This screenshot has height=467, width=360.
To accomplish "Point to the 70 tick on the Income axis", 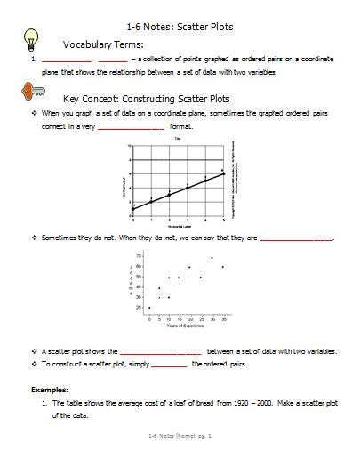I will point(139,256).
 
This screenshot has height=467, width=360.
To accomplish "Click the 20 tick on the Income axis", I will point(139,307).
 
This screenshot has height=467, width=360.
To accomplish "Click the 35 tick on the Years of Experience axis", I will point(222,318).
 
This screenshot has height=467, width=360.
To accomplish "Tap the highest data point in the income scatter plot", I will point(212,257).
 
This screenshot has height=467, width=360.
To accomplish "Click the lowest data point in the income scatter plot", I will point(149,308).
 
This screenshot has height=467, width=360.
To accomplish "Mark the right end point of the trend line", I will point(223,173).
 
